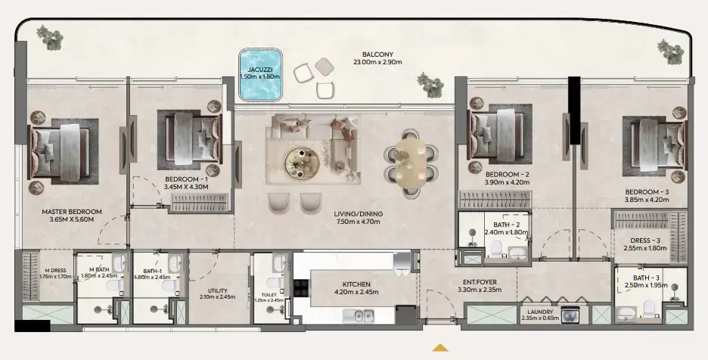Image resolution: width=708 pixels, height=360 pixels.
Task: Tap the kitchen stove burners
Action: click(300, 288)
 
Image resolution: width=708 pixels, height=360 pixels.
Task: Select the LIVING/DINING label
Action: click(359, 214)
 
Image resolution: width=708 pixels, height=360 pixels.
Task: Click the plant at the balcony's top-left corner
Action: click(51, 34)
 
